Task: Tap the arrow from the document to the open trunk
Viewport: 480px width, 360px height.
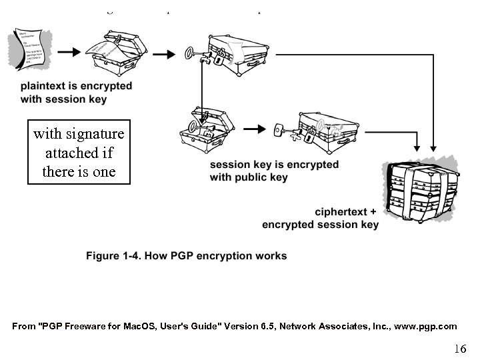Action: [x=68, y=51]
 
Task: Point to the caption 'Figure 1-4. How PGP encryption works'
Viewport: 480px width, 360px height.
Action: [x=186, y=255]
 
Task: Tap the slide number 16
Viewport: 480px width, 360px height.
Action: [x=459, y=348]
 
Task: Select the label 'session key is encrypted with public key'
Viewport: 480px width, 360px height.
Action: [x=274, y=171]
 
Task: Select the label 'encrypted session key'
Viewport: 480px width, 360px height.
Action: [x=320, y=225]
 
